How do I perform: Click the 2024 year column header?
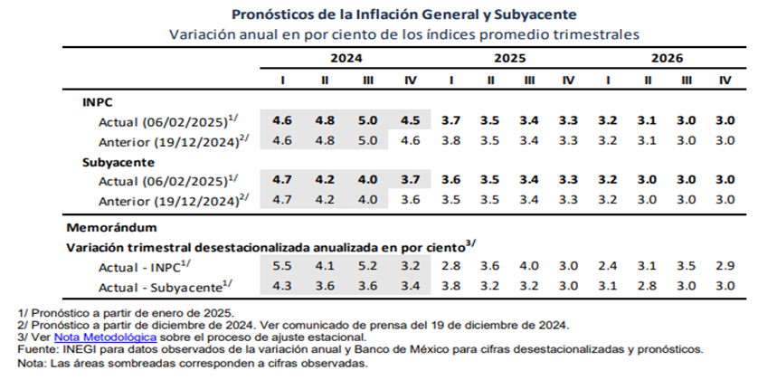click(x=346, y=58)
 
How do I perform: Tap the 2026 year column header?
click(x=666, y=58)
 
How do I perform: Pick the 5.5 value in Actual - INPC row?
click(x=283, y=265)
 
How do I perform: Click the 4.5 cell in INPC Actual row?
click(x=410, y=120)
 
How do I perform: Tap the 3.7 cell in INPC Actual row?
click(x=450, y=120)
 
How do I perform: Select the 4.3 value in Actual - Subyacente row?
click(x=283, y=286)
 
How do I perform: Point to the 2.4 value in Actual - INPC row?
click(x=607, y=265)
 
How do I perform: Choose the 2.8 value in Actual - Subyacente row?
click(x=648, y=286)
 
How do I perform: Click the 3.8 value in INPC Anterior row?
click(x=450, y=140)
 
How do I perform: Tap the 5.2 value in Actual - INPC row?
click(x=368, y=265)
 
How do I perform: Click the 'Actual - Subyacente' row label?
click(x=161, y=287)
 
